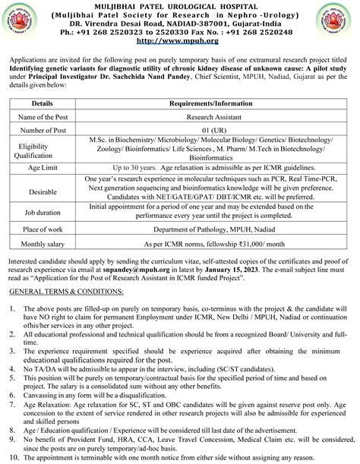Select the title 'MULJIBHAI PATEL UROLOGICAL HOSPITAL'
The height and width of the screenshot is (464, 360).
(x=180, y=6)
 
